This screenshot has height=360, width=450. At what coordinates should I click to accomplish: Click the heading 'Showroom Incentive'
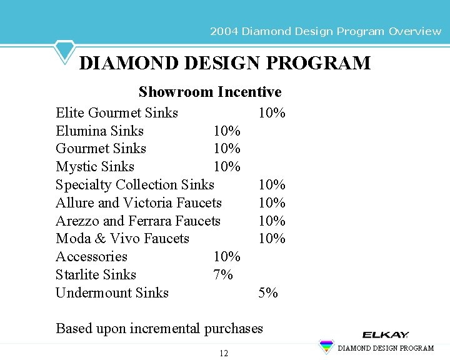(210, 92)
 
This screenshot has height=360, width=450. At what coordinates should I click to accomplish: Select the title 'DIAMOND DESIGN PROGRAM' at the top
(225, 63)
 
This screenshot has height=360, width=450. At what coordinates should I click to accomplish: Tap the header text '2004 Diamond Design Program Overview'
(326, 31)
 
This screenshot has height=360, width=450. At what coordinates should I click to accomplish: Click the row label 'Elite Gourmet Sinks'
(117, 112)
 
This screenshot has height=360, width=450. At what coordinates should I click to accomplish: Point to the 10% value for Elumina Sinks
(227, 131)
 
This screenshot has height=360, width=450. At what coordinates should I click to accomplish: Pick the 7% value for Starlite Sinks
(223, 274)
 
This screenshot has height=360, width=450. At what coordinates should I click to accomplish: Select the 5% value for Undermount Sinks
(268, 292)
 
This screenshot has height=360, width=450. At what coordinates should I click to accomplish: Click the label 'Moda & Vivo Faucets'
(122, 238)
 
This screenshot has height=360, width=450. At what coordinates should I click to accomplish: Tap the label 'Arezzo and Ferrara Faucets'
(138, 221)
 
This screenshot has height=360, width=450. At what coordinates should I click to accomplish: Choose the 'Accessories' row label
(91, 256)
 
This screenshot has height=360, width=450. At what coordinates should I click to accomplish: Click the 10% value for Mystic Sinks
(227, 166)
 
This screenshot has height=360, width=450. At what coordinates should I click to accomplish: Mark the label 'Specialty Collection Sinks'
(135, 184)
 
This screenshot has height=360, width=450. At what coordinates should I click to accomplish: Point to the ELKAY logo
(385, 335)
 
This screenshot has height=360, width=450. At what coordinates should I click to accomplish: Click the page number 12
(224, 354)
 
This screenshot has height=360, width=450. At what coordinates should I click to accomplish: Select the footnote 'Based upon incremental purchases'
(159, 328)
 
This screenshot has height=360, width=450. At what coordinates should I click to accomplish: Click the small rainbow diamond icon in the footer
(326, 347)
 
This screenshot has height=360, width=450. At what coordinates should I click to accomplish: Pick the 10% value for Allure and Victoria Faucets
(272, 202)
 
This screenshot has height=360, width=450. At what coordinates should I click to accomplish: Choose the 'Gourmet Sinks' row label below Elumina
(101, 148)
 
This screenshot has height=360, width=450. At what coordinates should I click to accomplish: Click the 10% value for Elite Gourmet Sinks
(272, 112)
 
